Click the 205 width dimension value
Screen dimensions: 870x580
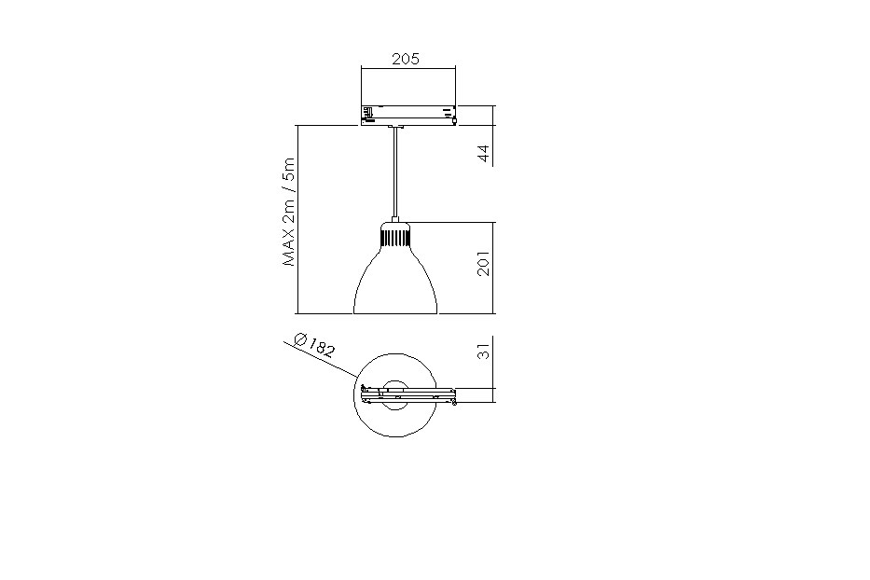pyautogui.click(x=406, y=59)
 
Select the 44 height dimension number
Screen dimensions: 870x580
pyautogui.click(x=484, y=154)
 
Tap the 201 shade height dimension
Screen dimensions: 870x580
pyautogui.click(x=484, y=264)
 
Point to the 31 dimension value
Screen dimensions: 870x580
pyautogui.click(x=484, y=351)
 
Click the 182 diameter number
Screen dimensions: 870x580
pyautogui.click(x=321, y=348)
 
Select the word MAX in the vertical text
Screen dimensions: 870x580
pyautogui.click(x=290, y=247)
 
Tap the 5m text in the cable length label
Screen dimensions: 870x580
pyautogui.click(x=290, y=167)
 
